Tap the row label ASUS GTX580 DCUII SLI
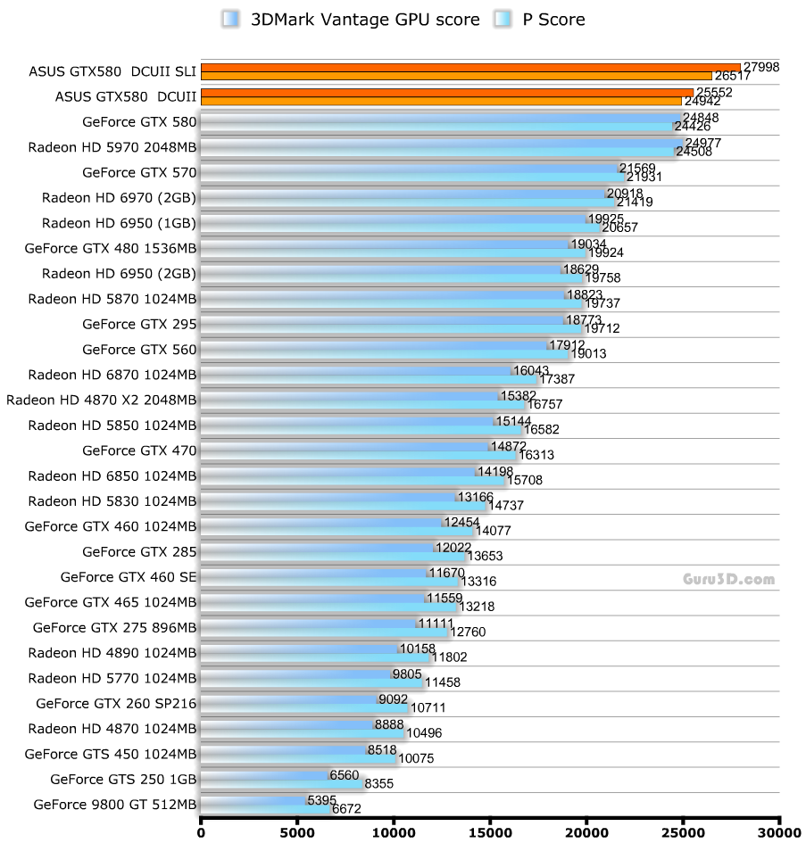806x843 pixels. coord(101,71)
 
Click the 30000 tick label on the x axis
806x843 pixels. coord(779,832)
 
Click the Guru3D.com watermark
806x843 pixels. coord(728,579)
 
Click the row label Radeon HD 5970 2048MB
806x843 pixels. coord(112,147)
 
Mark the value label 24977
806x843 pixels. coord(703,143)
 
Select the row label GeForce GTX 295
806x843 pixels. coord(139,325)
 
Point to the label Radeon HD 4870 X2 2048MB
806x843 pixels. coord(101,400)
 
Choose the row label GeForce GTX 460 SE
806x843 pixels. coord(129,577)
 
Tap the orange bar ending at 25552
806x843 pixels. coord(446,92)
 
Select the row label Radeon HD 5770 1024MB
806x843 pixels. coord(112,678)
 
